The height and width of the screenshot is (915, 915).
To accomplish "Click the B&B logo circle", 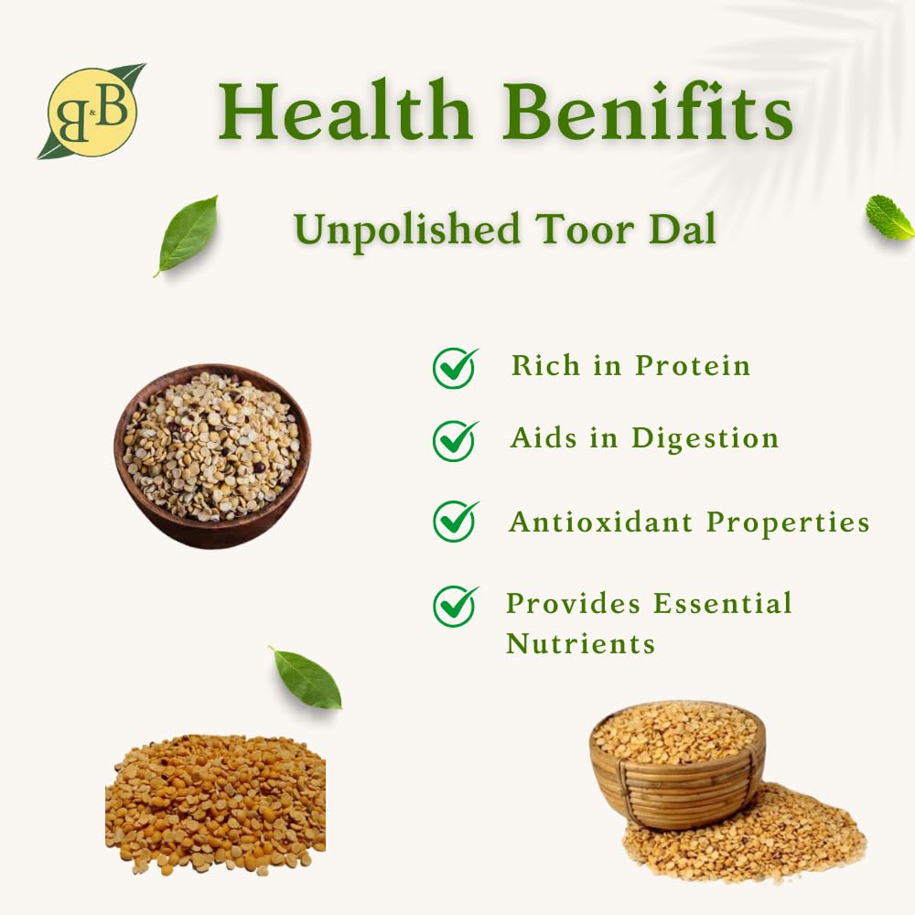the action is pyautogui.click(x=92, y=112).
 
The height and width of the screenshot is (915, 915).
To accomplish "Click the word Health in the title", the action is pyautogui.click(x=345, y=111).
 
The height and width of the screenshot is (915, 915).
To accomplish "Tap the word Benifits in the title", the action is pyautogui.click(x=647, y=111).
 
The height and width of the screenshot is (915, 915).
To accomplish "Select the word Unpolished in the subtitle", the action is pyautogui.click(x=407, y=231).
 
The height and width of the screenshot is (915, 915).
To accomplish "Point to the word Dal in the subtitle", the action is pyautogui.click(x=683, y=229).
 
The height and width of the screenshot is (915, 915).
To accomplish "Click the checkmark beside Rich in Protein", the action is pyautogui.click(x=455, y=368).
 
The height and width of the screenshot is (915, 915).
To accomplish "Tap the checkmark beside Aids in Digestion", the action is pyautogui.click(x=455, y=441).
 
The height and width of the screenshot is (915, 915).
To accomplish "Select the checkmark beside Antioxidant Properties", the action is pyautogui.click(x=455, y=522).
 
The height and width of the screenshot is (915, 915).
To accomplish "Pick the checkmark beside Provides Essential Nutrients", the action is pyautogui.click(x=455, y=607).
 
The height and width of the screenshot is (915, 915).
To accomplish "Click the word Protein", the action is pyautogui.click(x=693, y=366).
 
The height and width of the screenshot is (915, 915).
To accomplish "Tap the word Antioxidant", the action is pyautogui.click(x=600, y=522).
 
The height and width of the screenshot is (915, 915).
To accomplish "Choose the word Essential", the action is pyautogui.click(x=723, y=603).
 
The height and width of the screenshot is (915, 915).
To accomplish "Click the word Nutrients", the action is pyautogui.click(x=581, y=644).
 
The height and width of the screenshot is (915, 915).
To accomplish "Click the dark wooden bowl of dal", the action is pyautogui.click(x=212, y=456).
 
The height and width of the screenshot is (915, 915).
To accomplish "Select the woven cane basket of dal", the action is pyautogui.click(x=677, y=764).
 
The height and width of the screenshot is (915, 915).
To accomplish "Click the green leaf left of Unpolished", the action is pyautogui.click(x=187, y=235).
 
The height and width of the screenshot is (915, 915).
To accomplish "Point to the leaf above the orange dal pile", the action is pyautogui.click(x=306, y=677).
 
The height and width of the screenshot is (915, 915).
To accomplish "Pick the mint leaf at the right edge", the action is pyautogui.click(x=890, y=217).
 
